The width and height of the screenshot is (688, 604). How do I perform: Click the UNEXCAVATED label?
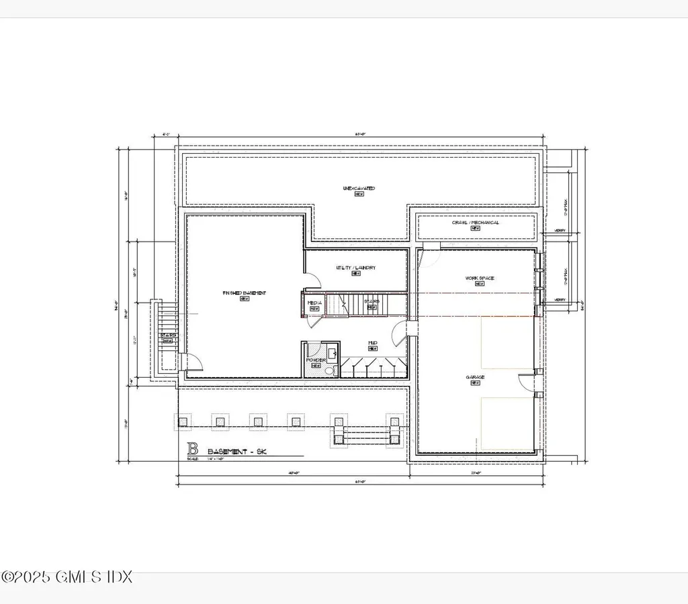pos(359,189)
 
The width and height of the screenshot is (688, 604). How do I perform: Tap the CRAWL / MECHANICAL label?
pos(475,223)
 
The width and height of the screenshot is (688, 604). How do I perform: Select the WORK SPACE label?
pos(479,278)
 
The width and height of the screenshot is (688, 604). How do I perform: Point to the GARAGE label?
pos(475,378)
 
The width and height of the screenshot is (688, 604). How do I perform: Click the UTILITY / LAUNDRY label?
pos(355,268)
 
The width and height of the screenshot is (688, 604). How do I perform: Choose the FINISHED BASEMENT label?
pos(245,293)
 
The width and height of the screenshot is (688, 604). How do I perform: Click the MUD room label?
pos(372,344)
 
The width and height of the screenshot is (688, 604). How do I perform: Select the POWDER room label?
pos(315,360)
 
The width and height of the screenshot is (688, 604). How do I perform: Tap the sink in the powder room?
pos(332,353)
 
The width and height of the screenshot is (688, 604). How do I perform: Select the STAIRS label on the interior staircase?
pos(372,302)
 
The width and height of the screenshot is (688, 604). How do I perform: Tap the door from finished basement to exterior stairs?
pos(193,362)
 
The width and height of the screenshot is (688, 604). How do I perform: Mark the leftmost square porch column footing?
pos(183,421)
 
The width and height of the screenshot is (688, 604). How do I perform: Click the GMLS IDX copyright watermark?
pos(67,576)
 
